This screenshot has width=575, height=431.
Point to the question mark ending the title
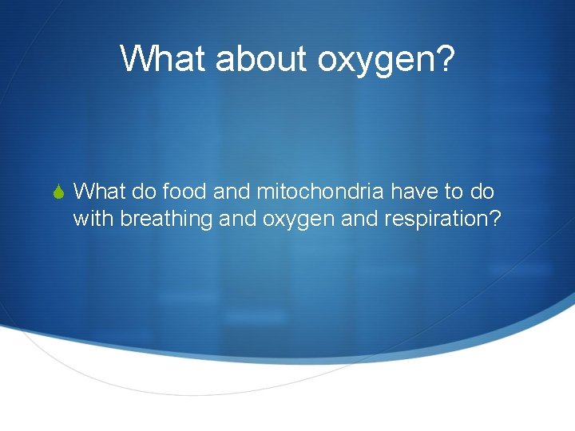[x=443, y=58]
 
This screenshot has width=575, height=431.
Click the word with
[x=93, y=218]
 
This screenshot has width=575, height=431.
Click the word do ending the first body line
[x=484, y=192]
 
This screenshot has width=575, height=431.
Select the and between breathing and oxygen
[x=237, y=218]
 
